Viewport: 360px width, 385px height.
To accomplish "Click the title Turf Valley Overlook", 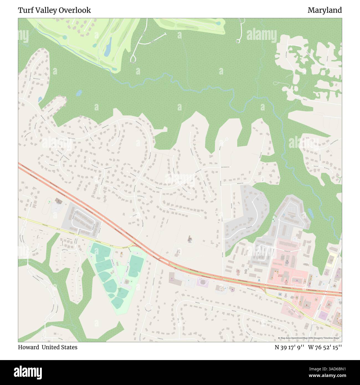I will coord(54,10).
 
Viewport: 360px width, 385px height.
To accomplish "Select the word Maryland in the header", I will coord(325,10).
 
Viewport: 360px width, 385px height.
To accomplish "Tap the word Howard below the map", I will coord(29,347).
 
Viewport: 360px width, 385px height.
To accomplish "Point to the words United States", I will coord(60,347).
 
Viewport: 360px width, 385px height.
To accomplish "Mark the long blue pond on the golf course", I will coord(108,47).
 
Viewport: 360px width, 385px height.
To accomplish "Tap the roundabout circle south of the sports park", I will coord(149,307).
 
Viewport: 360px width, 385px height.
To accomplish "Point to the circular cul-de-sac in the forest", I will coord(237,42).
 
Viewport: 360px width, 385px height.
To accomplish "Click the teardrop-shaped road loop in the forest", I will coord(133,58).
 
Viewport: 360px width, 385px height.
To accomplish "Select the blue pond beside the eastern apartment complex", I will coord(310,213).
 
